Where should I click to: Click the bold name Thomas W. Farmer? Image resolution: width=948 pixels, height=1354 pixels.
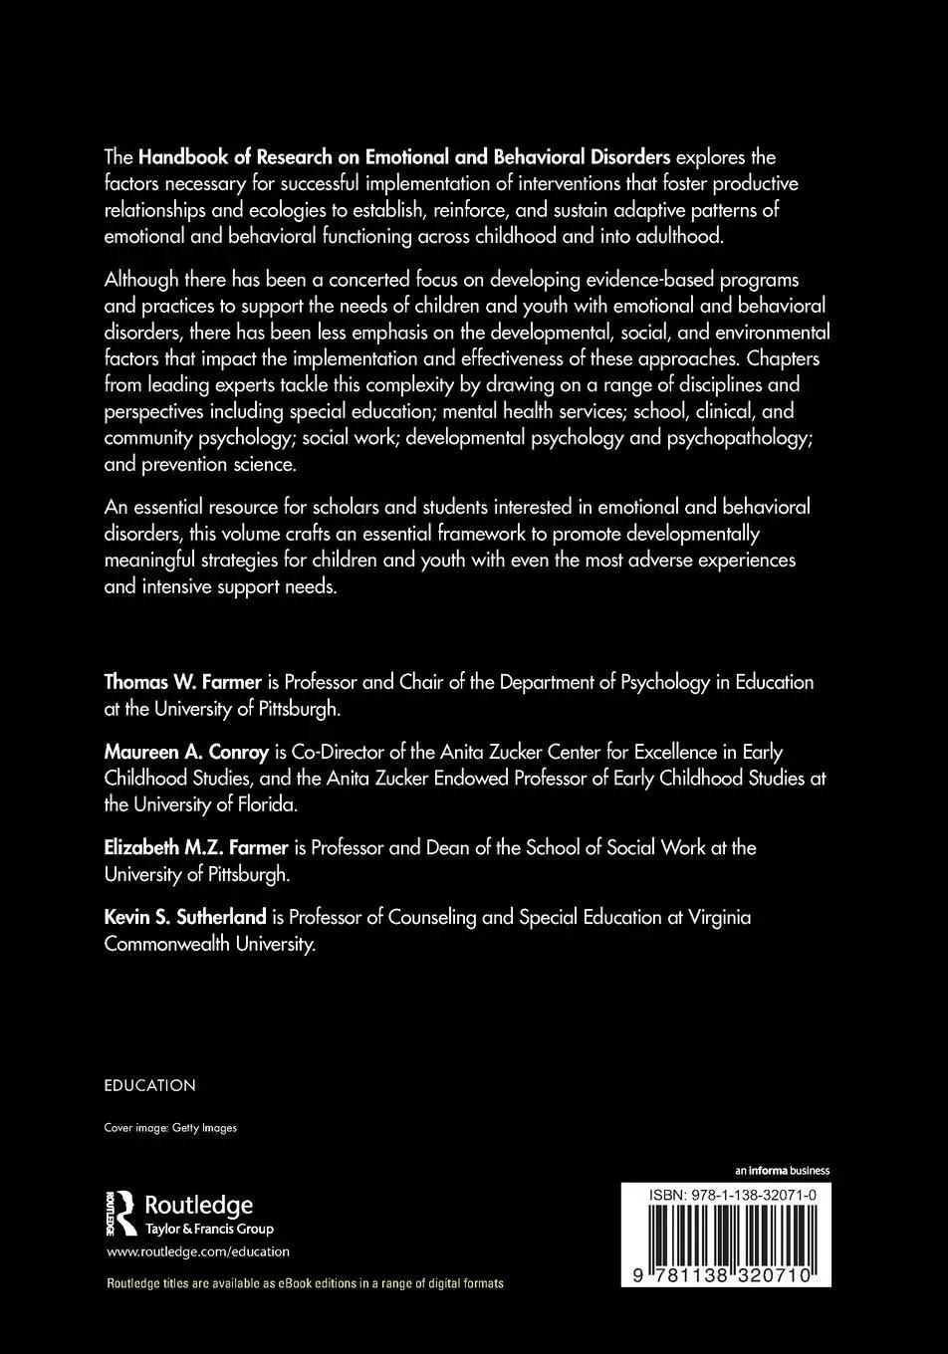(x=182, y=683)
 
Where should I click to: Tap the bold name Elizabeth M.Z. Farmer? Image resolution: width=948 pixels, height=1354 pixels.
(x=196, y=847)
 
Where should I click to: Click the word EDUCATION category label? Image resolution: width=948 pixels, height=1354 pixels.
(x=149, y=1085)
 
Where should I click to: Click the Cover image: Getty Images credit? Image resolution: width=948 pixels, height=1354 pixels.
(x=170, y=1128)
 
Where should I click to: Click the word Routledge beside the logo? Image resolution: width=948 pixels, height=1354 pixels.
(x=199, y=1206)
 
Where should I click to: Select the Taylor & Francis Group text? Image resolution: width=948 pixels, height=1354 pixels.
(x=209, y=1229)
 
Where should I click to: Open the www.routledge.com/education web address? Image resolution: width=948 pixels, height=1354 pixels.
(x=197, y=1251)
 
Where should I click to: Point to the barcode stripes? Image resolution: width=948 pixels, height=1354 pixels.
(x=725, y=1236)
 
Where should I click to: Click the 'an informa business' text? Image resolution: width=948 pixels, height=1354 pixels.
(x=782, y=1171)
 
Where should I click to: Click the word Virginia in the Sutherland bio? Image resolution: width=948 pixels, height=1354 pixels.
(x=718, y=917)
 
